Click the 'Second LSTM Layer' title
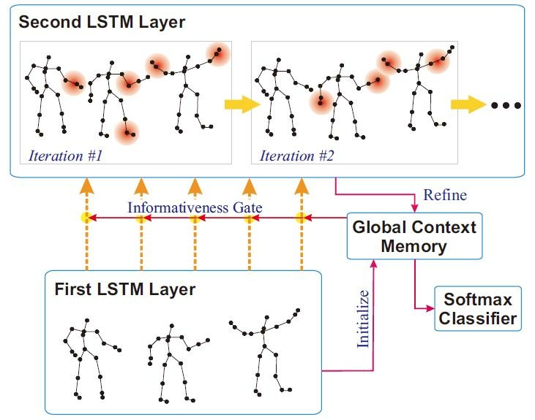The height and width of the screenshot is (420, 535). pyautogui.click(x=102, y=22)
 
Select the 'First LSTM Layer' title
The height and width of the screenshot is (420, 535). pyautogui.click(x=125, y=289)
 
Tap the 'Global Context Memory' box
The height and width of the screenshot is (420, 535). pyautogui.click(x=414, y=236)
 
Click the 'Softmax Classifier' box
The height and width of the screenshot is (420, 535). pyautogui.click(x=478, y=308)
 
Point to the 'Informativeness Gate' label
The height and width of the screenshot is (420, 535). pyautogui.click(x=195, y=207)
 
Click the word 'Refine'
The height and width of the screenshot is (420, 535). pyautogui.click(x=444, y=196)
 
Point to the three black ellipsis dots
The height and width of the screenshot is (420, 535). pyautogui.click(x=506, y=105)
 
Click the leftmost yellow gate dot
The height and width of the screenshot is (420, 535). pyautogui.click(x=86, y=218)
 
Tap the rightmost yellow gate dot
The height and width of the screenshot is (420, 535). pyautogui.click(x=300, y=218)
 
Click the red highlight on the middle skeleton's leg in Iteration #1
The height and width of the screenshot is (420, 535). pyautogui.click(x=127, y=132)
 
